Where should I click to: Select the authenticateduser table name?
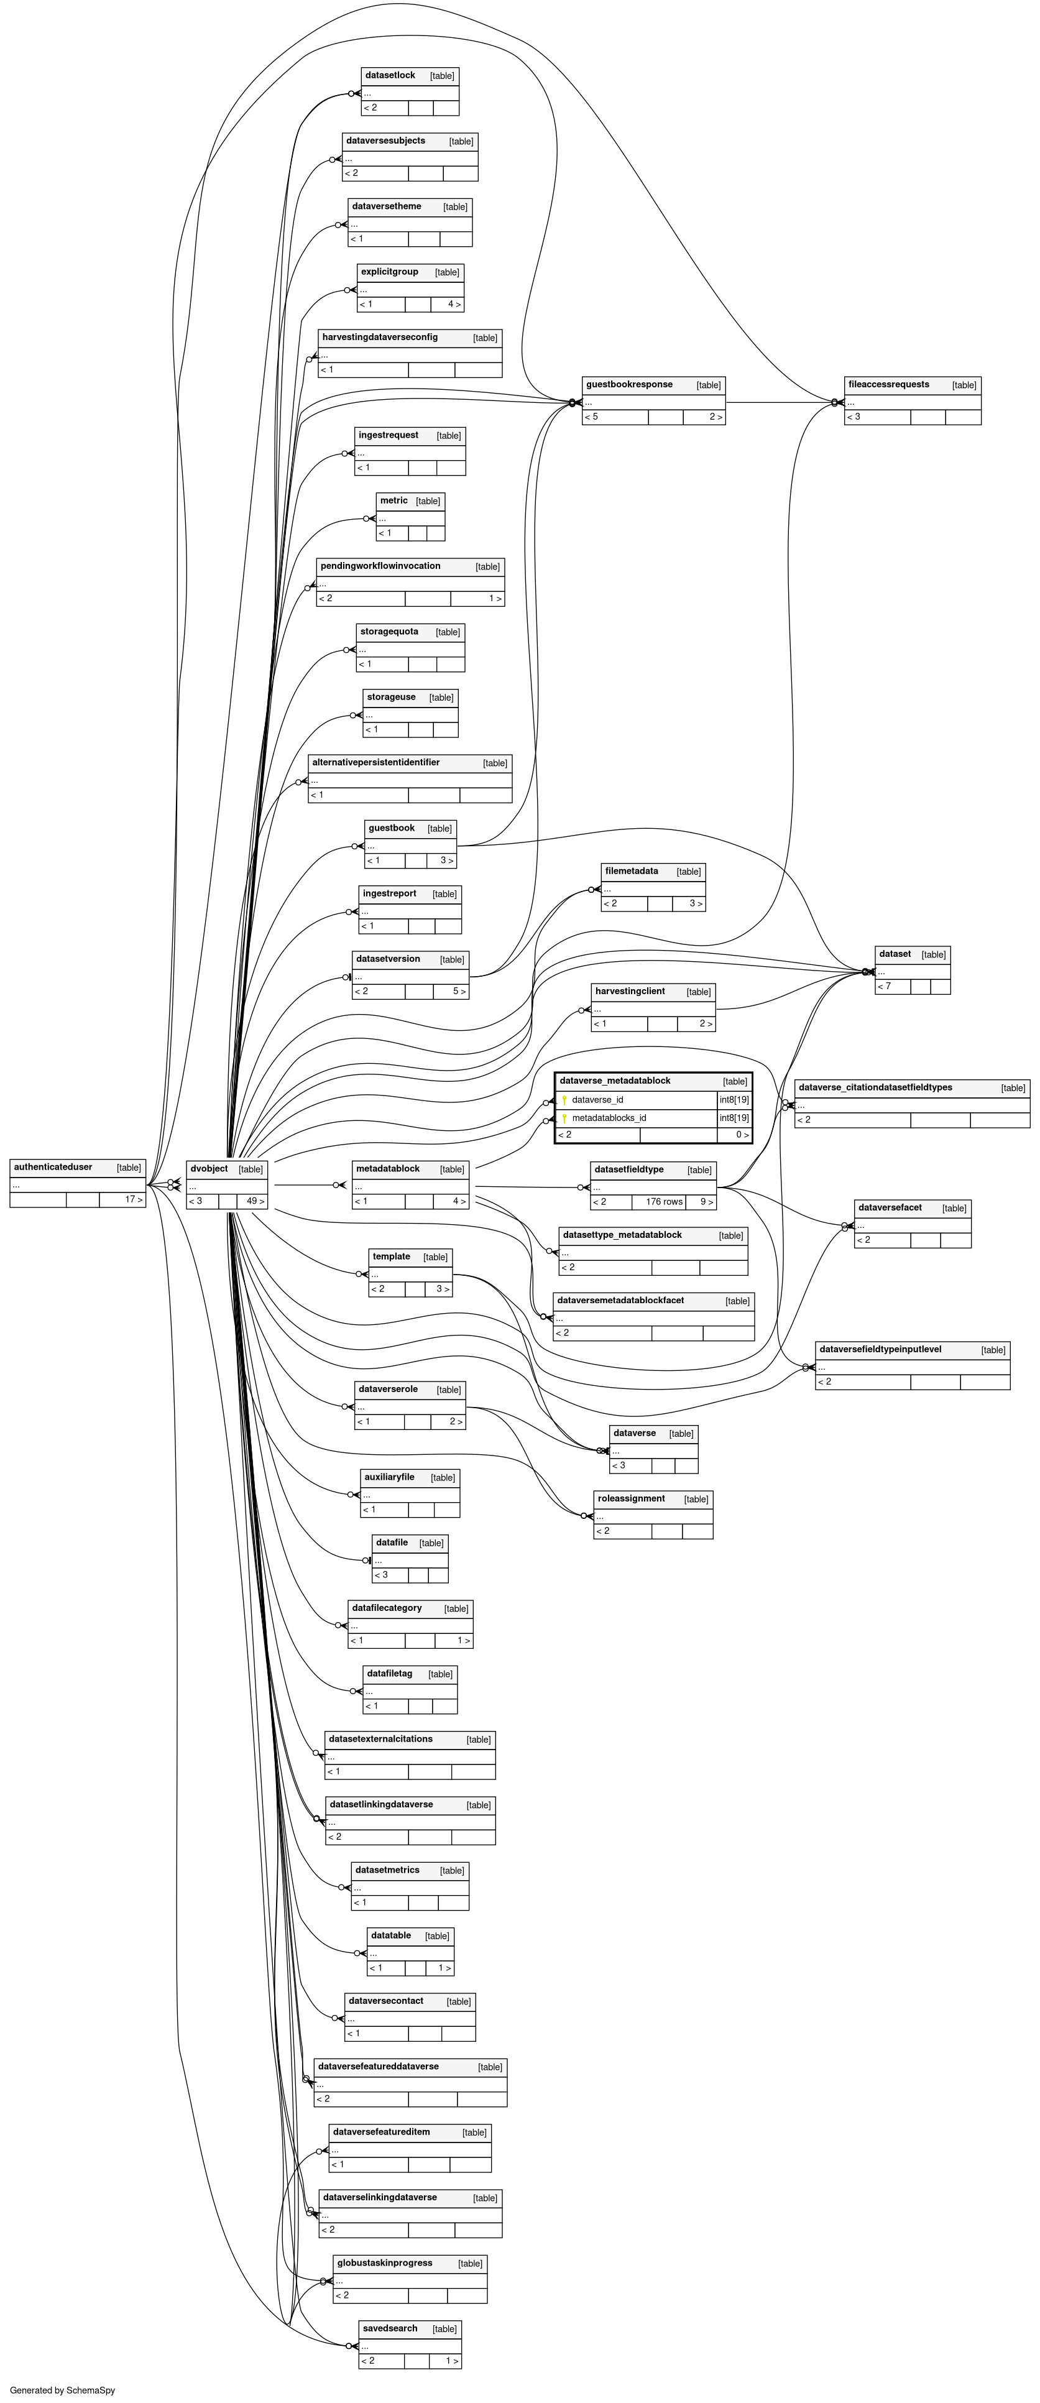tap(53, 1167)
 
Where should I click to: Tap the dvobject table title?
tap(209, 1169)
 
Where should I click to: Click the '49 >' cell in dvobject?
tap(252, 1201)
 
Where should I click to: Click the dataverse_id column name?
tap(598, 1100)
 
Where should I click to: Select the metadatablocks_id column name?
tap(609, 1117)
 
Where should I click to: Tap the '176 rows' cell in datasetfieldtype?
tap(664, 1201)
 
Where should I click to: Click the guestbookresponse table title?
tap(630, 384)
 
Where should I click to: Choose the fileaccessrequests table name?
tap(889, 384)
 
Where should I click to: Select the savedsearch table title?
tap(390, 2328)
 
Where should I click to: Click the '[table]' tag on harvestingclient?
tap(699, 992)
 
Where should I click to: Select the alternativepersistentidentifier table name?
tap(376, 762)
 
